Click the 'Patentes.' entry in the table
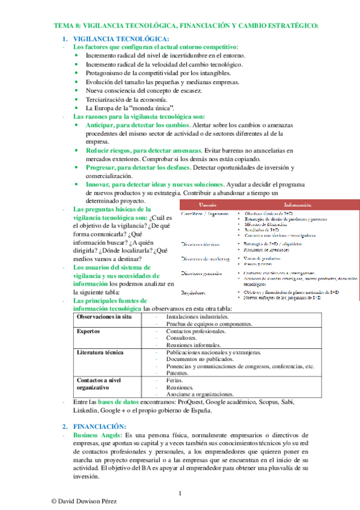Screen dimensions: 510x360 coord(178,373)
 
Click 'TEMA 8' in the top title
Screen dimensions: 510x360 coord(67,25)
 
